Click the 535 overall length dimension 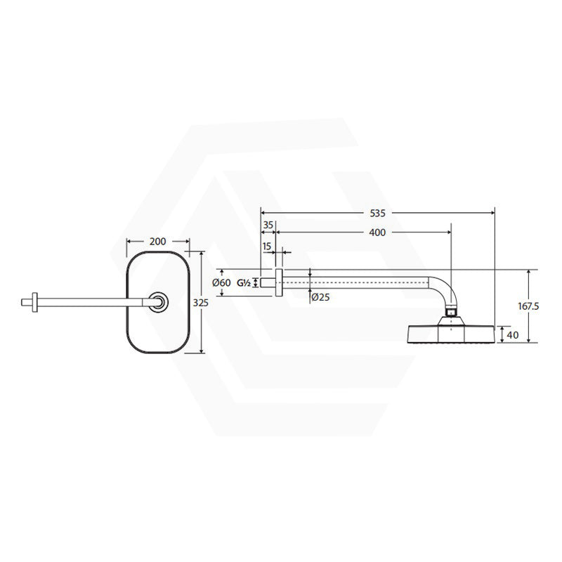point(377,214)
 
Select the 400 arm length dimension point(377,233)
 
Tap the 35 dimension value point(268,225)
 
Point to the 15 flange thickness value point(267,247)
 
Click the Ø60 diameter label point(221,283)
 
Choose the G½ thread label point(244,283)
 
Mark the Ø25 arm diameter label point(320,297)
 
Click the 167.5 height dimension point(528,306)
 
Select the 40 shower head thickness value point(513,335)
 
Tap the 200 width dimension point(157,242)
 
